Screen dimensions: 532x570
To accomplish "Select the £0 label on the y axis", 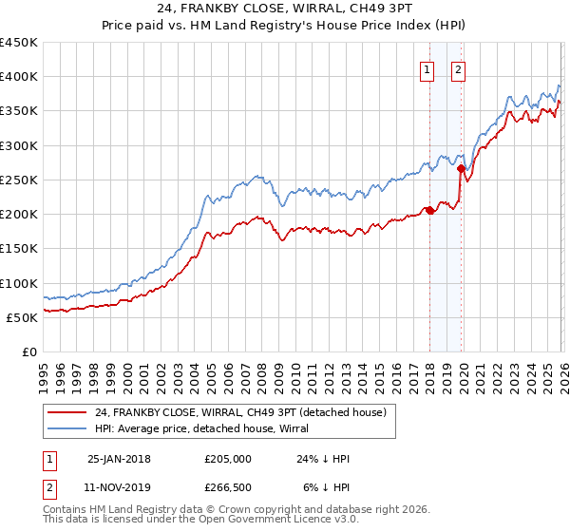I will click(x=29, y=351).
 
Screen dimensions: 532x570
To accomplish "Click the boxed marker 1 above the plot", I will click(x=427, y=68).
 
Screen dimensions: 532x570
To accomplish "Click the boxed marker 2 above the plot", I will click(x=459, y=68).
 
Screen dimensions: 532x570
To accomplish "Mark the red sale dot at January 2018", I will click(x=429, y=211).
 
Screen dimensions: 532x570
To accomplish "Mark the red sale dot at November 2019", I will click(x=461, y=169).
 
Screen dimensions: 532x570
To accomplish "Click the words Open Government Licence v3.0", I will click(x=285, y=521).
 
